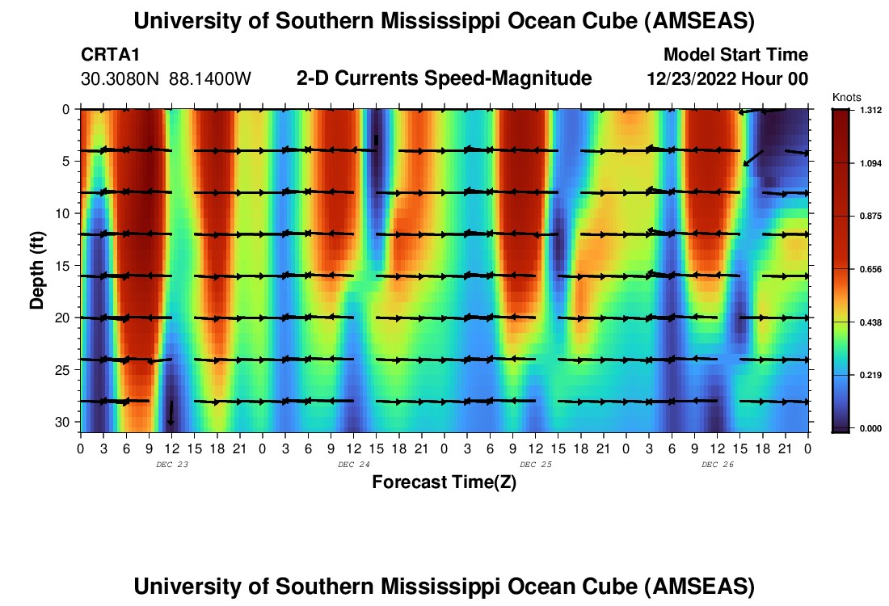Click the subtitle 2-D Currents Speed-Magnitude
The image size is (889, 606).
[444, 78]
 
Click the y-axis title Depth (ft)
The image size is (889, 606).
[37, 267]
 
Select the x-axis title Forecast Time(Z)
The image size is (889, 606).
[444, 482]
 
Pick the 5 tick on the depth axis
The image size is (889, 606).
[69, 161]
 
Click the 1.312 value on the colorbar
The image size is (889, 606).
[870, 110]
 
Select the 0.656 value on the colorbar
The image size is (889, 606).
[870, 269]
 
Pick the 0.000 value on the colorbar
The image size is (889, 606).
[870, 428]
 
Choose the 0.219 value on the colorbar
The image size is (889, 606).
[870, 375]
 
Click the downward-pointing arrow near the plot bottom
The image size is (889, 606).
[171, 413]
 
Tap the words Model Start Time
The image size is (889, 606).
[735, 55]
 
